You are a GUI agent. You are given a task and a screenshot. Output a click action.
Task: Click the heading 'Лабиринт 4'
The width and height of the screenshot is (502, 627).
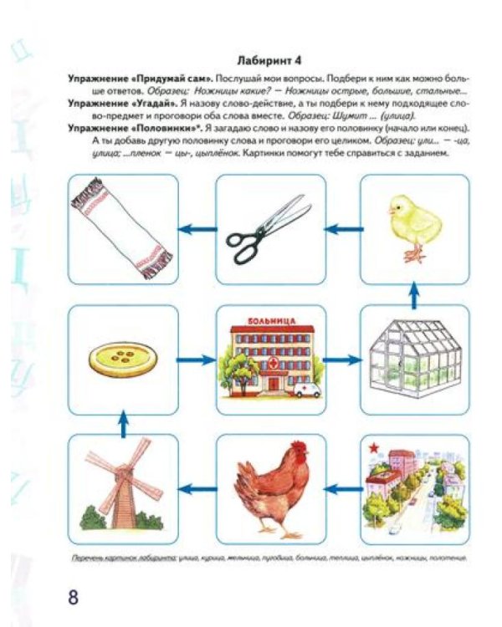266,60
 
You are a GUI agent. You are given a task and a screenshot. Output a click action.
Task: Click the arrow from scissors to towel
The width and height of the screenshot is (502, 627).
197,228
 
